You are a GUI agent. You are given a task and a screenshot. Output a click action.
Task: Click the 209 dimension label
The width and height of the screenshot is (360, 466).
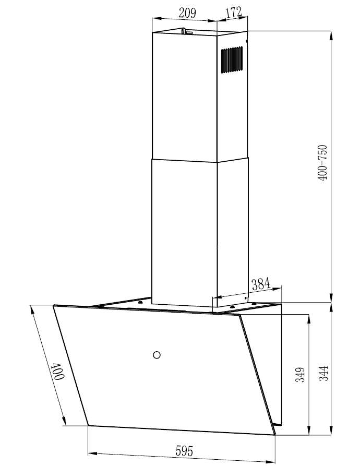click(187, 13)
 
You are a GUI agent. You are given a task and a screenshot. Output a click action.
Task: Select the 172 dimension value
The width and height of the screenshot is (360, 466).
click(234, 12)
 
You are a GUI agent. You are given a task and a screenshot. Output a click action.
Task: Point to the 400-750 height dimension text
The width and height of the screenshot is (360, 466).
click(322, 163)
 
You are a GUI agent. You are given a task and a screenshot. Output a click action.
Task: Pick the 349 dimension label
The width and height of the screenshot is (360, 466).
click(301, 375)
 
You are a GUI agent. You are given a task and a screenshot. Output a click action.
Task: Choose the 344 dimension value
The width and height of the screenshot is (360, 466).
click(323, 373)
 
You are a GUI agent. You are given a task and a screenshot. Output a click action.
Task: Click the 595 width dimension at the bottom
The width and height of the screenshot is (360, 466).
click(184, 451)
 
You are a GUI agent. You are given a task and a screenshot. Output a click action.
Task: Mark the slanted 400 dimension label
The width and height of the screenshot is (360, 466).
click(57, 371)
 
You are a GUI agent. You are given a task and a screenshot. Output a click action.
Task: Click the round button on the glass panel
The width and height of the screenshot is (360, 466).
click(157, 354)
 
